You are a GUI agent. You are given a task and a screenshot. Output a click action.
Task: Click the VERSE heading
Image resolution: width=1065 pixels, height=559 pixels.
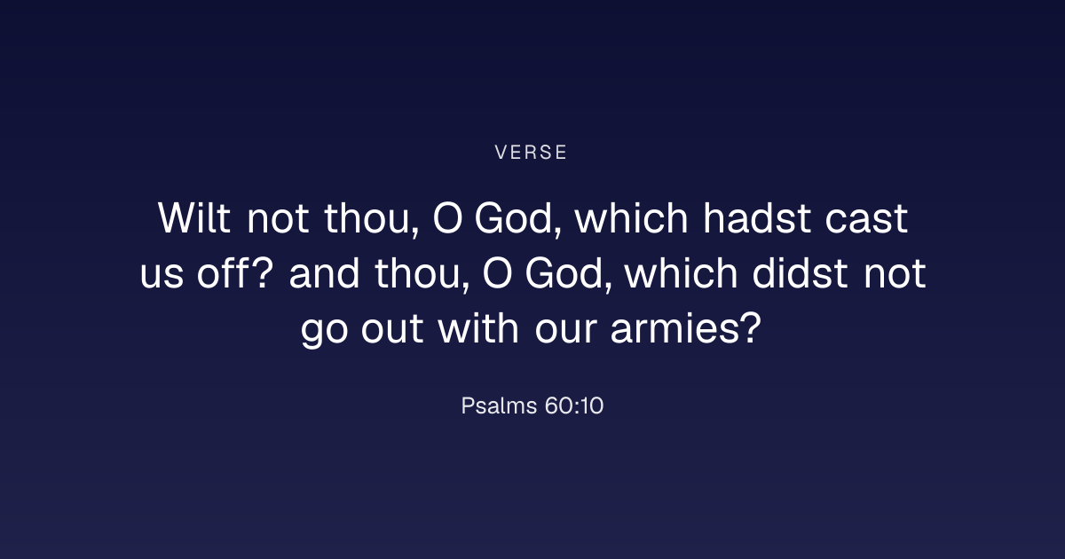click(x=531, y=153)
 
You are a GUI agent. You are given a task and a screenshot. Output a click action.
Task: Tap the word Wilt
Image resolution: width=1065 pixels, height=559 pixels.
click(x=194, y=217)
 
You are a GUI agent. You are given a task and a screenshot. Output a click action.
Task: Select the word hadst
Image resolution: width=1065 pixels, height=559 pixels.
click(x=757, y=217)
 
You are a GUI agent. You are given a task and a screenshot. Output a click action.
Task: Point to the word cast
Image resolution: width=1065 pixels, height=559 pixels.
click(x=866, y=220)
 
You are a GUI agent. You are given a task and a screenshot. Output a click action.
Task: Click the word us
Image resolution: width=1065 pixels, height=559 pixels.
click(x=162, y=275)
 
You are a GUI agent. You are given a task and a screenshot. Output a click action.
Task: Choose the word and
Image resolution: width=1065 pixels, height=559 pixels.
click(x=324, y=272)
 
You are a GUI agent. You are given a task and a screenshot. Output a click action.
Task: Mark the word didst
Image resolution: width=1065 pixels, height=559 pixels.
click(x=800, y=272)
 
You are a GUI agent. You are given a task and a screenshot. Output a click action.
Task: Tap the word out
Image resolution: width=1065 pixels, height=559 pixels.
click(x=392, y=328)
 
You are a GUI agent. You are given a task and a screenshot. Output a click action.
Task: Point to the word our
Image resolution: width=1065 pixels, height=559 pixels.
click(x=566, y=329)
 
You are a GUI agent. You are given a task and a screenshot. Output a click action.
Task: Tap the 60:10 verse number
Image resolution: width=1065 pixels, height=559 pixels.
click(x=574, y=406)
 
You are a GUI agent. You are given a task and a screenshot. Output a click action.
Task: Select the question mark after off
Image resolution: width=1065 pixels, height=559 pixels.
click(x=262, y=272)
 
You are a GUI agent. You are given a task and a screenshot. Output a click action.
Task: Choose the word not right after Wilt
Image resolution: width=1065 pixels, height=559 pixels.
click(x=278, y=220)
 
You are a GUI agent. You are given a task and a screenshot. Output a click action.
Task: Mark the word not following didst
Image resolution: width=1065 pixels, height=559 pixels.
click(x=895, y=274)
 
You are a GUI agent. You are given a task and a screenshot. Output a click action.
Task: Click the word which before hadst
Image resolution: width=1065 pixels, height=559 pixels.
click(x=631, y=217)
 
